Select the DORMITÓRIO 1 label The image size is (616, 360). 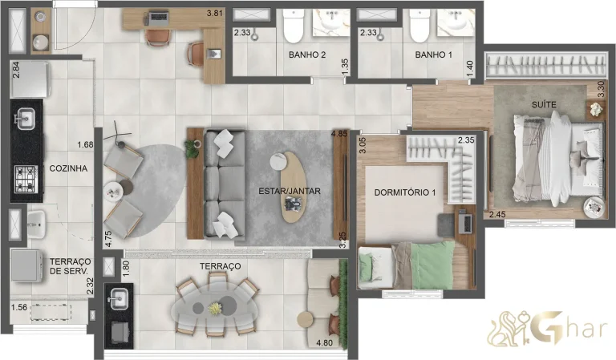coord(404,192)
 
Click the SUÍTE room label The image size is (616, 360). coord(542,105)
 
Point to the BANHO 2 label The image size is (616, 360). coord(307,55)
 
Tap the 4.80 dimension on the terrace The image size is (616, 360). coord(324,343)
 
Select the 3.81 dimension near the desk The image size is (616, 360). coord(213,14)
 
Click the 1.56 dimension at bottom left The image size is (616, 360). coord(19,307)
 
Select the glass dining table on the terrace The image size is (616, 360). coord(215,305)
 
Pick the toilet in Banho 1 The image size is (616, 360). coord(418,29)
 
